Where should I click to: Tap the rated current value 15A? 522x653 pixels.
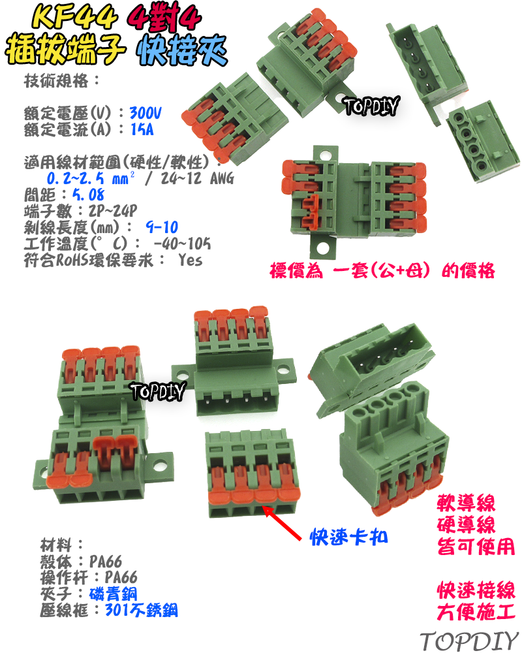pos(142,129)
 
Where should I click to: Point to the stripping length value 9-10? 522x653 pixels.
pos(162,228)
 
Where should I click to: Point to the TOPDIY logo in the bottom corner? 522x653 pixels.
pos(468,640)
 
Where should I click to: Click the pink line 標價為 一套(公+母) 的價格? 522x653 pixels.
pos(382,270)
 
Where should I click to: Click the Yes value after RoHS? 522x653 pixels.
pos(189,260)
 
